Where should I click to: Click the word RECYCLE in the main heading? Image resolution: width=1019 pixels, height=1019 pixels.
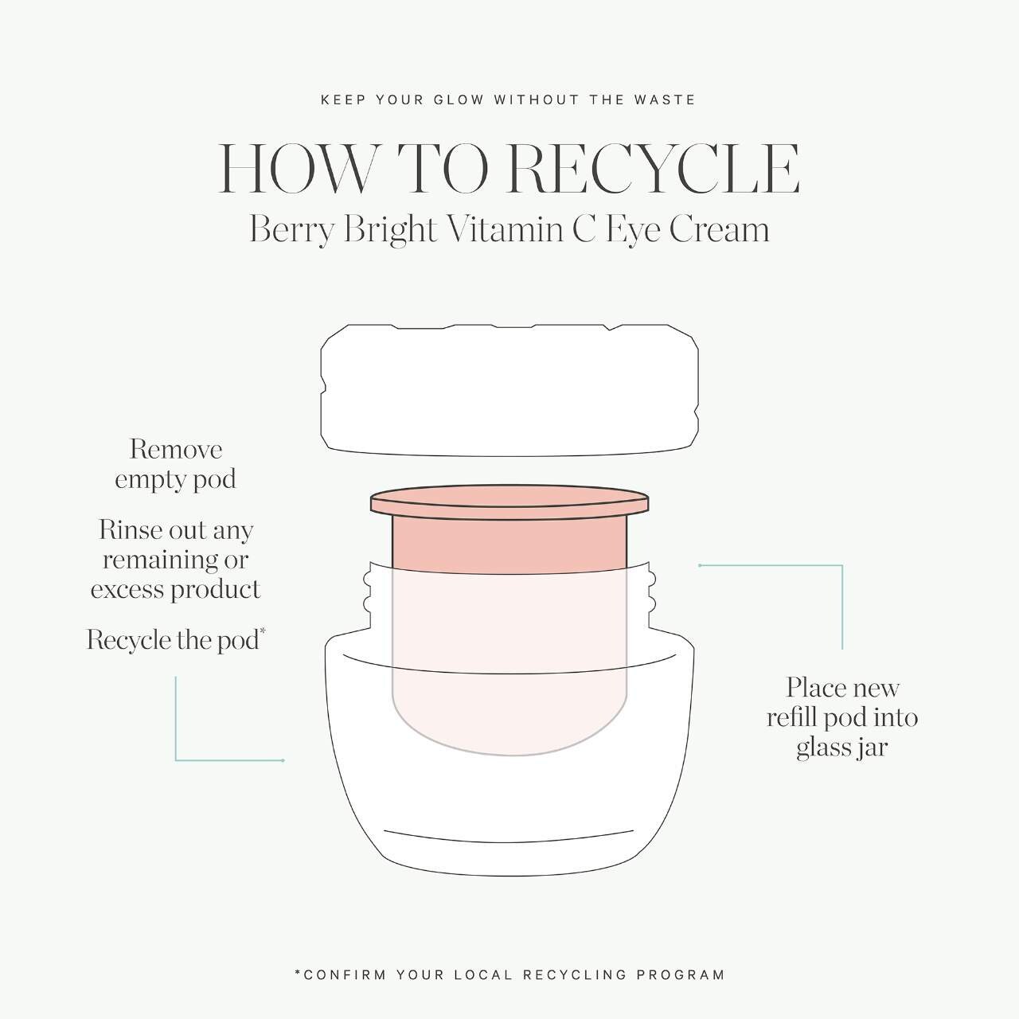click(654, 170)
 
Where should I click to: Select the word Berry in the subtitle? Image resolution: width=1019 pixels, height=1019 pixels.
click(291, 231)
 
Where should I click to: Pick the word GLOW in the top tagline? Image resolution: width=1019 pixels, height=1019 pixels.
click(459, 100)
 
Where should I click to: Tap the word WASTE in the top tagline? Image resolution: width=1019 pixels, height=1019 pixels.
click(665, 100)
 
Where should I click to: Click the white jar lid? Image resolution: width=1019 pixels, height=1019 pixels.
click(509, 390)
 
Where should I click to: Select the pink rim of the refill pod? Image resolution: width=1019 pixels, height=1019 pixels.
click(509, 502)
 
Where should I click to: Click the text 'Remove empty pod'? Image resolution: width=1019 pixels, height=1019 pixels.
click(176, 465)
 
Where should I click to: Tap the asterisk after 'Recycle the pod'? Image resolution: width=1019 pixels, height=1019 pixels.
click(263, 631)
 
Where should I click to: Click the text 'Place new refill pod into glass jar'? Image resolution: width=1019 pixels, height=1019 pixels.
click(842, 717)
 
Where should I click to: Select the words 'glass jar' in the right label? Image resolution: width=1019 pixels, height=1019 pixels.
click(841, 748)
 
